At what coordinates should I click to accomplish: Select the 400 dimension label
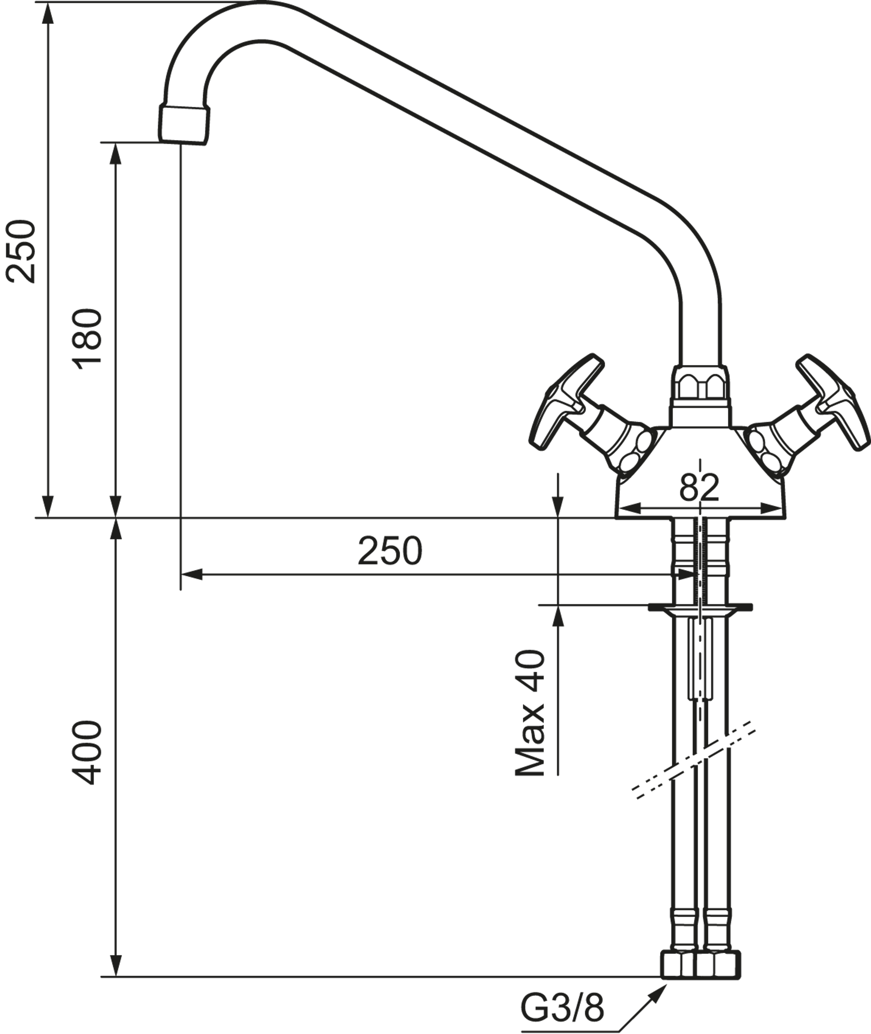pyautogui.click(x=87, y=753)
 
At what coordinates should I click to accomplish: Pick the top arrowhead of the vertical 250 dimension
pyautogui.click(x=47, y=15)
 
